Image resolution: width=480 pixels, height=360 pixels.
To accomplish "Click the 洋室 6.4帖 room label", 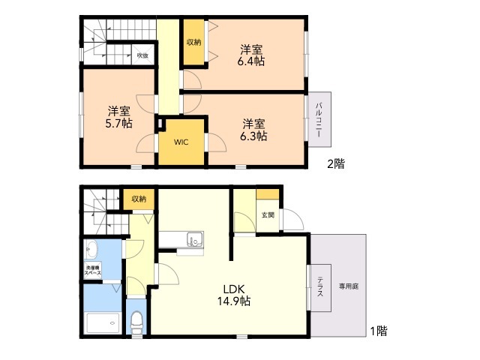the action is tap(250, 55).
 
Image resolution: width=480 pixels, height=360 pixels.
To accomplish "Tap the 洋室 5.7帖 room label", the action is tap(118, 117).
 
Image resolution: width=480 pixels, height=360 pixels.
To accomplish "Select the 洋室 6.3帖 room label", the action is tap(253, 130).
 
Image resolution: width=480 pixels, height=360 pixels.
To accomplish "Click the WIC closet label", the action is tap(181, 142).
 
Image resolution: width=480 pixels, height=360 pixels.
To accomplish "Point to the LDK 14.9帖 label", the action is tap(234, 295).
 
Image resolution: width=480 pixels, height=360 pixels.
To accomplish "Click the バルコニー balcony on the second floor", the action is tap(319, 119).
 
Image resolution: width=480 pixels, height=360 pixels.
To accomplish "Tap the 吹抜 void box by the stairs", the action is tap(142, 55).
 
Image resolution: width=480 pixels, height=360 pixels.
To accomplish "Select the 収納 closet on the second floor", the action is tap(193, 42).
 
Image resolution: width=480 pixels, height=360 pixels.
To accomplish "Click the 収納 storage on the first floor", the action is tap(139, 199).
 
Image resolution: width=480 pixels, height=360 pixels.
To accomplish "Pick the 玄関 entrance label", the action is tap(268, 215).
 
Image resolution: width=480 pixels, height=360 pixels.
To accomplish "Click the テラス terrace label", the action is tap(320, 286).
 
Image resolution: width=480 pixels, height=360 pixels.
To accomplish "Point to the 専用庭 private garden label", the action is tap(349, 286).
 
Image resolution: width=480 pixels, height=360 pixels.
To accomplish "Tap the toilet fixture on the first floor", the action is tap(136, 323).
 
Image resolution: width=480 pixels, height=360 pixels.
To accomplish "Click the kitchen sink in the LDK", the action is tap(195, 239).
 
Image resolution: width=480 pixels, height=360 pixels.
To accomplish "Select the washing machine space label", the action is tap(93, 270).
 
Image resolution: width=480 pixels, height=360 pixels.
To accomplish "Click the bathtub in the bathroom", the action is tap(103, 323).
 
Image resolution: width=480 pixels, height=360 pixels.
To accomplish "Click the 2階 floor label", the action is tap(336, 163).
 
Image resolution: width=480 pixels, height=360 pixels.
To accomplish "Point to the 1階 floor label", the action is tap(379, 331).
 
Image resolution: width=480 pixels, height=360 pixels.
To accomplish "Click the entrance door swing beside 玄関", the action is tap(292, 219).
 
